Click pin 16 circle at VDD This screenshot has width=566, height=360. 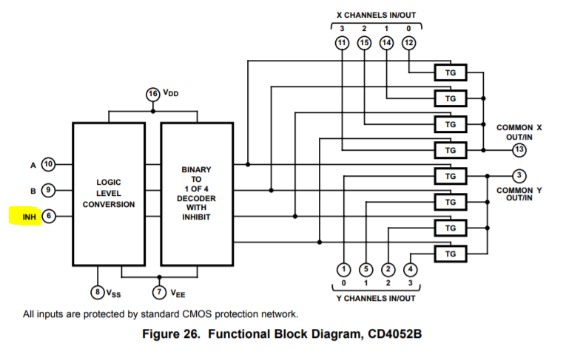click(x=153, y=94)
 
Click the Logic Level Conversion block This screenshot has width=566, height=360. click(x=109, y=193)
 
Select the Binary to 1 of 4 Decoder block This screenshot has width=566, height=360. click(x=196, y=193)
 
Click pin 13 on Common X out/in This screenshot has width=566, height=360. click(x=519, y=150)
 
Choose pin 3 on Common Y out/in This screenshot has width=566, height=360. click(x=519, y=175)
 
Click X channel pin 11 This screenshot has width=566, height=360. click(x=342, y=43)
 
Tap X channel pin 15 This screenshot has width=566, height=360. click(x=364, y=43)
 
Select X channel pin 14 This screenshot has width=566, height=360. click(x=386, y=43)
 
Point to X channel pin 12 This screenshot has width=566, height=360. click(x=408, y=43)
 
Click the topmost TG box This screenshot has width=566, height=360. click(x=450, y=72)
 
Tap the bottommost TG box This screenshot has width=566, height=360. click(x=450, y=254)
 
